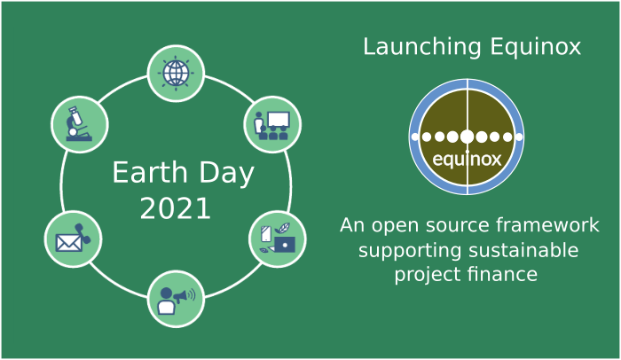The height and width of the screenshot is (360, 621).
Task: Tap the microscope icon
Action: coord(80,123)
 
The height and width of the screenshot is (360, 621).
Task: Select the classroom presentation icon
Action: coord(272,123)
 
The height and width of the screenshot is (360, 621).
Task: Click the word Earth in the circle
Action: coord(145,173)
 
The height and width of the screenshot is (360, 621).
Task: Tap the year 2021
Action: coord(176,209)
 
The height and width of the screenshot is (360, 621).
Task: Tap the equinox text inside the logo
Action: coord(467,160)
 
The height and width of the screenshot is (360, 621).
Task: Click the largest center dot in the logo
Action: coord(467,137)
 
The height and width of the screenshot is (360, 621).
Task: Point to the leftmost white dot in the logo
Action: coord(414,137)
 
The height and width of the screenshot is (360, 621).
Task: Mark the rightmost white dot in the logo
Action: coord(519,137)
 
